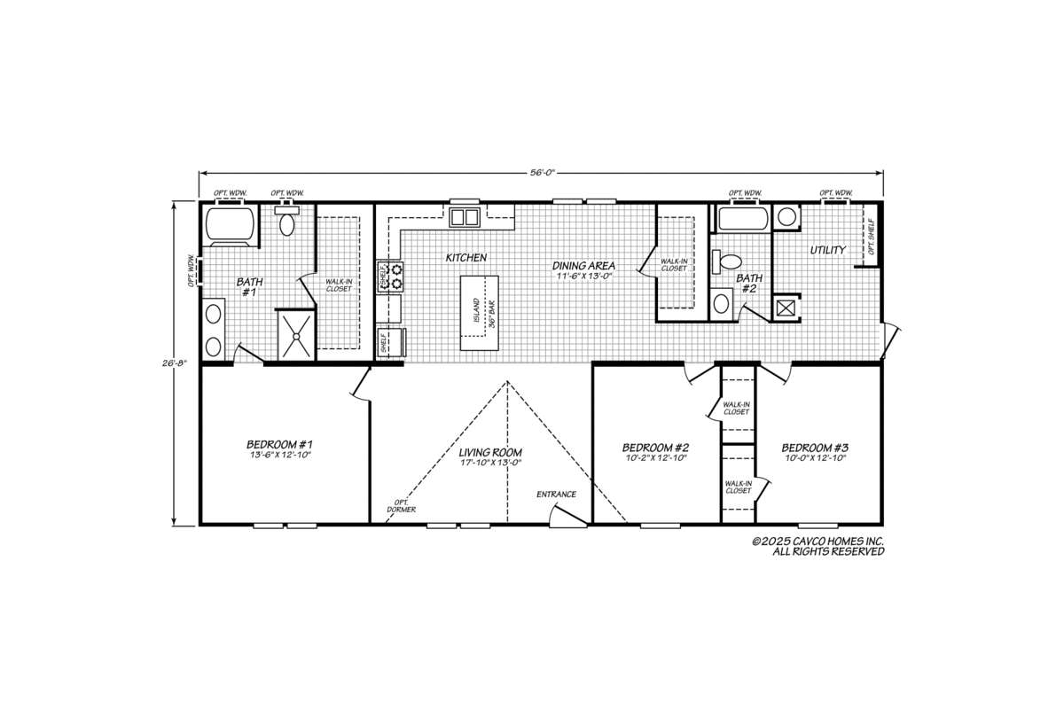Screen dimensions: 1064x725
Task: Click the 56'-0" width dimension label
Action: [542, 172]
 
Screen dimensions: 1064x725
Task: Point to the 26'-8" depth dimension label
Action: [175, 363]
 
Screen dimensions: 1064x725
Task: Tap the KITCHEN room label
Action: [466, 257]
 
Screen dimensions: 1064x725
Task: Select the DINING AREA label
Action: [583, 266]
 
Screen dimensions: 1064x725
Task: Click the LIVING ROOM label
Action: [490, 453]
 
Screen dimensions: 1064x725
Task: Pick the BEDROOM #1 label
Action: [279, 445]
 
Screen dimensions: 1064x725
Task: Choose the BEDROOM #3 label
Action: [815, 448]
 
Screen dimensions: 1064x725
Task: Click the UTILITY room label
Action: [828, 250]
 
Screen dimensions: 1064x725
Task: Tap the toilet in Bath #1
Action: [286, 221]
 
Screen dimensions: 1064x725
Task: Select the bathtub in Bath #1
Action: [231, 225]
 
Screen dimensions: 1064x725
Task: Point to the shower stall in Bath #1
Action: [296, 336]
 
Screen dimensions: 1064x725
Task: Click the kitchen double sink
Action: [465, 217]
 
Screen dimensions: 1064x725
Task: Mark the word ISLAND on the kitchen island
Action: [476, 311]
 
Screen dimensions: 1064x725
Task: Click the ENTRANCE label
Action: [556, 495]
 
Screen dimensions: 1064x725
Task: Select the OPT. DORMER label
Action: [402, 506]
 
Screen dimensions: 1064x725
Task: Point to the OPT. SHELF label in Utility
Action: [871, 236]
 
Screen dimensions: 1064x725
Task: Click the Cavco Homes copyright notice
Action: [818, 547]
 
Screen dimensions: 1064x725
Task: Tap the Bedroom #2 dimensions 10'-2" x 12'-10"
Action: [656, 457]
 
